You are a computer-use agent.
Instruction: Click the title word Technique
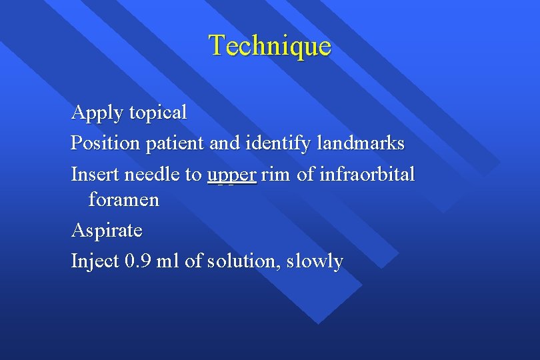[x=269, y=45]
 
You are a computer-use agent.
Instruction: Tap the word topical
[x=158, y=113]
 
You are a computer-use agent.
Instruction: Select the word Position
[x=103, y=143]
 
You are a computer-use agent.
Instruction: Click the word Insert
[x=93, y=175]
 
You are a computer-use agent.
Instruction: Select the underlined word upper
[x=231, y=175]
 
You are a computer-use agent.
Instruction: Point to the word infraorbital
[x=367, y=175]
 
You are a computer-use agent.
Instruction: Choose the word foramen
[x=124, y=200]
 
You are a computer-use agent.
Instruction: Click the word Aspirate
[x=107, y=231]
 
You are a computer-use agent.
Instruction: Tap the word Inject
[x=95, y=261]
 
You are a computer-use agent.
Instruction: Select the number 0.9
[x=138, y=261]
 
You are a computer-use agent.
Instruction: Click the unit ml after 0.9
[x=168, y=261]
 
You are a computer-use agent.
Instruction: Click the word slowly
[x=314, y=261]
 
